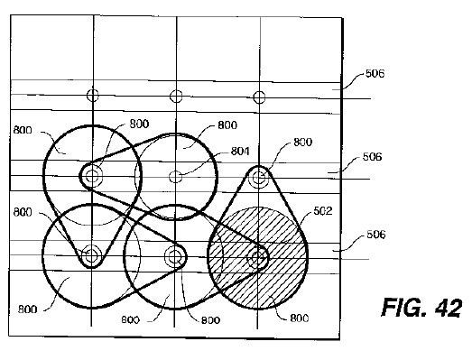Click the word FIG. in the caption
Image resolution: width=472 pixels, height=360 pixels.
pos(404,308)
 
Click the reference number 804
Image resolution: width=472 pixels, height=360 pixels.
pos(240,151)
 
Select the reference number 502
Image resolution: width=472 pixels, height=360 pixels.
pos(323,211)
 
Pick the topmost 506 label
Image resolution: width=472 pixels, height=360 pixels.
pos(375,74)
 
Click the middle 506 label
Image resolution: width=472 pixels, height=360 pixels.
pos(372,156)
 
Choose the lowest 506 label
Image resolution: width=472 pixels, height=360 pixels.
pos(375,235)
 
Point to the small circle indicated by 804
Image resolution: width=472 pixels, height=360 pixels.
pos(175,177)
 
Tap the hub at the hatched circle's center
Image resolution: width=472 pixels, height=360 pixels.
pos(258,258)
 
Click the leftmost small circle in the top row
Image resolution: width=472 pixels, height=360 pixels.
pos(93,95)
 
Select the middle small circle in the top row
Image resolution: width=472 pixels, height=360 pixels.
pos(176,97)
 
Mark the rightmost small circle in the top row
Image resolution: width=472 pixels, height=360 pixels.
pos(259,97)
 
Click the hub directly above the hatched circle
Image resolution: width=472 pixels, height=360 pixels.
pos(259,178)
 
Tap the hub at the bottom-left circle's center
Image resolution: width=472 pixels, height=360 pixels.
pos(91,256)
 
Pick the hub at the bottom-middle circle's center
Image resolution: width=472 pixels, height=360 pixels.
pos(174,256)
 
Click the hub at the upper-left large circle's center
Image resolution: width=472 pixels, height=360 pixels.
pos(92,176)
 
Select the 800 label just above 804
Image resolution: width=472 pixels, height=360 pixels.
pos(227,125)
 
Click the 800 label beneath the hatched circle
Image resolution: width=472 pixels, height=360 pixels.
pos(300,318)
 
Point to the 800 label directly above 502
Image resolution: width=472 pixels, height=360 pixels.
pos(303,142)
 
